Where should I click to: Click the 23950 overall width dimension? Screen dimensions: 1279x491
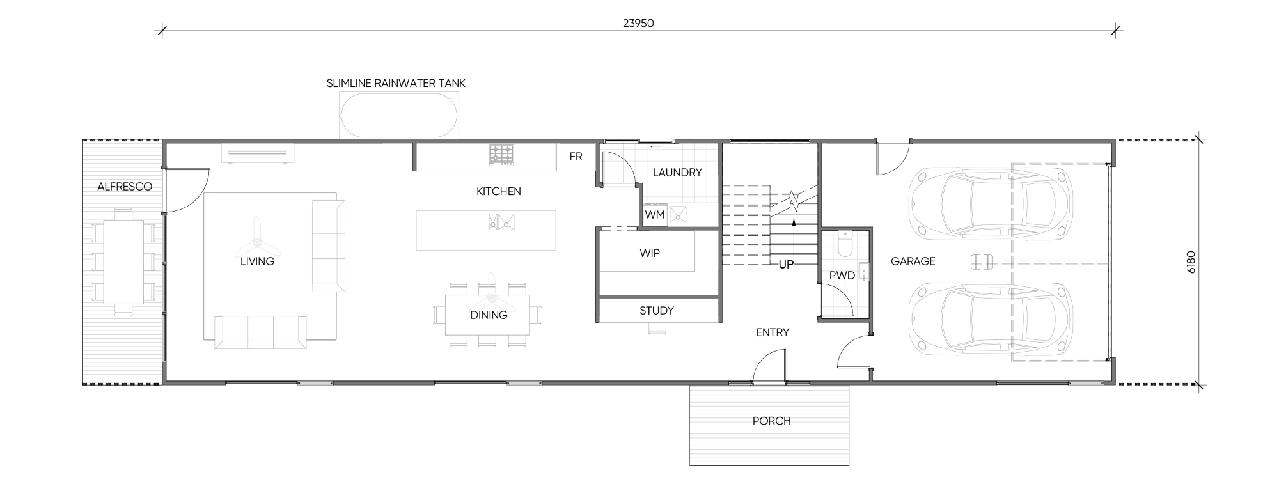click(638, 24)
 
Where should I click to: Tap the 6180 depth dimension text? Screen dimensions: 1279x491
click(1191, 262)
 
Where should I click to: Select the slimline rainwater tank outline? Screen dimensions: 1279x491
click(399, 116)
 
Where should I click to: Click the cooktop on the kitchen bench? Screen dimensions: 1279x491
click(501, 155)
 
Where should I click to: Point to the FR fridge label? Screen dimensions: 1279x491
click(576, 157)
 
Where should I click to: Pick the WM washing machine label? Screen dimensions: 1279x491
click(655, 215)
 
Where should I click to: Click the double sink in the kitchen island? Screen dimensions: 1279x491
click(501, 221)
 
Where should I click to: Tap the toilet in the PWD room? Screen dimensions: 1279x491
click(844, 244)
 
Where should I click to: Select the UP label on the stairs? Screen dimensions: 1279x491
click(786, 264)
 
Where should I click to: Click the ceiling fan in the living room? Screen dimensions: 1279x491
click(256, 242)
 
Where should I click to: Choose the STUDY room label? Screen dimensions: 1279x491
click(657, 311)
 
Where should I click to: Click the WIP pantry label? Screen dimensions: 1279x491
click(650, 253)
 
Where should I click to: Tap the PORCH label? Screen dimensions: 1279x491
click(772, 421)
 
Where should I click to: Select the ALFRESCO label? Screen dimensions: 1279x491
click(125, 187)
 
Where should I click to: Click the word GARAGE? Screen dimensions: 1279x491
click(913, 261)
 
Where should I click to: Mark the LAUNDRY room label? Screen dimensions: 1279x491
click(677, 172)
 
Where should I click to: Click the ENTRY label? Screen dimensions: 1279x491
click(773, 332)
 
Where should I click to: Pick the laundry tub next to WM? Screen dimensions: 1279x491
click(678, 215)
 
